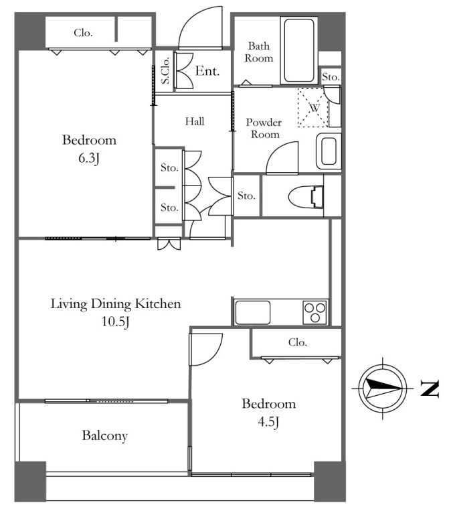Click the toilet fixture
point(306,197)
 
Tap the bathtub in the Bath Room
point(299,51)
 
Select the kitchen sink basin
point(252,312)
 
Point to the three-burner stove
point(314,312)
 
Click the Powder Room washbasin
point(329,151)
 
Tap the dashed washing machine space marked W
point(313,107)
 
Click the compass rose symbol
point(383,388)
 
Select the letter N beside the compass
point(430,388)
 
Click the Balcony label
point(105,435)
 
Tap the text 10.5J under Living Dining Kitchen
point(116,321)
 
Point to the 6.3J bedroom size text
point(89,158)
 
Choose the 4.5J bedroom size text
point(268,422)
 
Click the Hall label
point(195,121)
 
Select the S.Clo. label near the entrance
point(165,71)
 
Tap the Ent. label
point(207,71)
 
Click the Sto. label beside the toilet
point(246,196)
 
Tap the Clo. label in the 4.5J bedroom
point(297,342)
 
